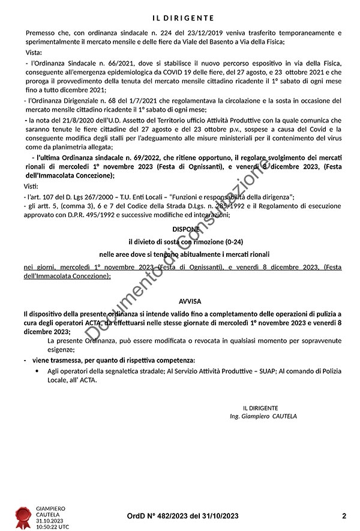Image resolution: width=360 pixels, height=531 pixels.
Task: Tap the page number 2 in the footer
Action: [x=344, y=515]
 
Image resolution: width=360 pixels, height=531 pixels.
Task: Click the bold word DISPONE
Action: [x=183, y=229]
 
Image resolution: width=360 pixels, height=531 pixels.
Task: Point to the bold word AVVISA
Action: [x=190, y=301]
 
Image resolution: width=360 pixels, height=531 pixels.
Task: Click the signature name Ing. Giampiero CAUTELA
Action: [x=263, y=416]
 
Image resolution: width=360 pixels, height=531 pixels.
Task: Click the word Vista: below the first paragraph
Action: [x=34, y=53]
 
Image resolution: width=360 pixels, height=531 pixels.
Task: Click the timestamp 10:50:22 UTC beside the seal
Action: [x=53, y=527]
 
